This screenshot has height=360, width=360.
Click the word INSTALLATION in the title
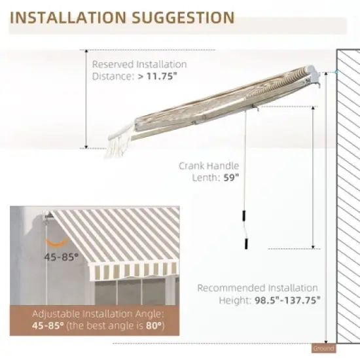coord(68,18)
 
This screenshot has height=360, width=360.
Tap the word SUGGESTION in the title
coord(184,18)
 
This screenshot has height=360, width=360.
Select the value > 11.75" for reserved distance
coord(158,76)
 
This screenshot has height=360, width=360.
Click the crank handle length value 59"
coord(231,177)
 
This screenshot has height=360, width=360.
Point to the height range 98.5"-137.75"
coord(288,300)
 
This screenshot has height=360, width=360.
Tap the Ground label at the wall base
coord(324,348)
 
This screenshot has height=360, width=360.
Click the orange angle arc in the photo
coord(57,243)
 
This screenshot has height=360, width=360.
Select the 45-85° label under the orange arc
coord(62,257)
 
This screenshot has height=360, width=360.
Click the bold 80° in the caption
coord(154,325)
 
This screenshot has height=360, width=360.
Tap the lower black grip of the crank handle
coord(246,244)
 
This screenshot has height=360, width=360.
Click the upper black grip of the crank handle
coord(244,215)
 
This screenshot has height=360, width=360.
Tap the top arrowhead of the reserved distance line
coord(86,52)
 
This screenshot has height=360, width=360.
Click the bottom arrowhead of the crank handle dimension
coord(313,247)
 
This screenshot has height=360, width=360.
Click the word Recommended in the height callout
coord(231,288)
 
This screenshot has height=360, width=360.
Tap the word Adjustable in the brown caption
coord(56,314)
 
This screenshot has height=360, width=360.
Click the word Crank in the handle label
coord(193,166)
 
